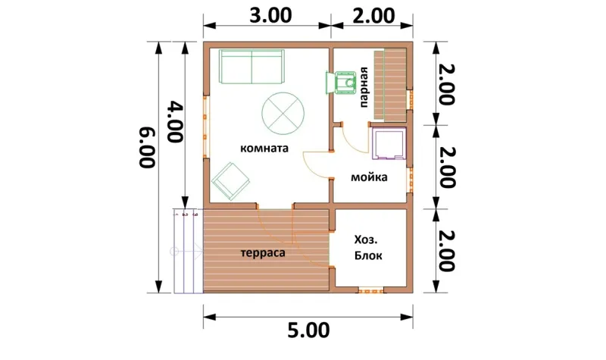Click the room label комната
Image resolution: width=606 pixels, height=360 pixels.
pyautogui.click(x=264, y=149)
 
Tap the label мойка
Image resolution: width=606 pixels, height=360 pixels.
pyautogui.click(x=369, y=177)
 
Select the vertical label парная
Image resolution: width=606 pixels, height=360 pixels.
pyautogui.click(x=364, y=87)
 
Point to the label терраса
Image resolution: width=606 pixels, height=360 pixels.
pyautogui.click(x=263, y=253)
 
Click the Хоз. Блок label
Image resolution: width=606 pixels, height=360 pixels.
pyautogui.click(x=368, y=248)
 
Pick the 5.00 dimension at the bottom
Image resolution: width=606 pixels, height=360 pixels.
pyautogui.click(x=308, y=330)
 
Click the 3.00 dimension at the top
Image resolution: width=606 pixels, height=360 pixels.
pyautogui.click(x=270, y=16)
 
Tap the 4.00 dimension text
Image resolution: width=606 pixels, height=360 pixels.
pyautogui.click(x=175, y=122)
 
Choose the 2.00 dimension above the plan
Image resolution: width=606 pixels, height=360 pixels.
pyautogui.click(x=373, y=16)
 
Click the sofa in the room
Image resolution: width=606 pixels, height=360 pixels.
pyautogui.click(x=252, y=67)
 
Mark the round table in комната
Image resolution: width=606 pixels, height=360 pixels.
pyautogui.click(x=283, y=114)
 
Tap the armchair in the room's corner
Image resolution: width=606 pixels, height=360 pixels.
pyautogui.click(x=230, y=181)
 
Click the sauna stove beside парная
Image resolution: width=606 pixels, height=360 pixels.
pyautogui.click(x=341, y=83)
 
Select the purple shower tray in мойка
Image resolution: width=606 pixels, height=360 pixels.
pyautogui.click(x=389, y=143)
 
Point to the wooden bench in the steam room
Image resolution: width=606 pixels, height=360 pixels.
pyautogui.click(x=390, y=85)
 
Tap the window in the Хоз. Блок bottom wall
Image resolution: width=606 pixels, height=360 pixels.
pyautogui.click(x=371, y=290)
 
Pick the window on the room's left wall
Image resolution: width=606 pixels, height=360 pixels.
pyautogui.click(x=206, y=126)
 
